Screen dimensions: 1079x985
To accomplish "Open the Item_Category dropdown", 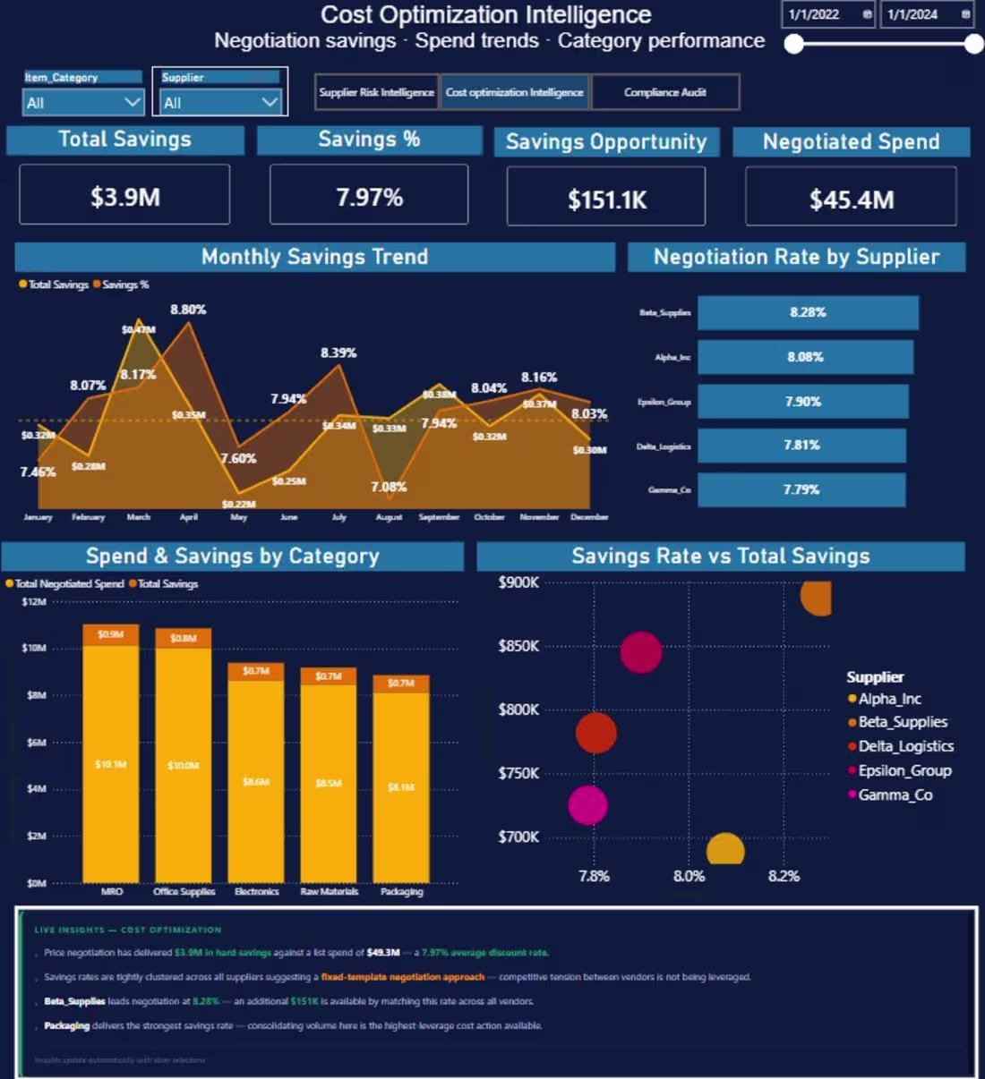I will coord(82,103).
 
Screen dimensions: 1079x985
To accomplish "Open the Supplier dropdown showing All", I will coord(220,103).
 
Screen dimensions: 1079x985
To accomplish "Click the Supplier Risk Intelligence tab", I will coord(376,92).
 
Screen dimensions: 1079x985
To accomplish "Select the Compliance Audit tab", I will coord(664,92).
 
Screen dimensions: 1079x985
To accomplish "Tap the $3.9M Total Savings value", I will coord(124,197).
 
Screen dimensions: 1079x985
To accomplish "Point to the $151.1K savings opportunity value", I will coord(606,200).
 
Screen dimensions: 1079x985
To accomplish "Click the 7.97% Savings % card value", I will coord(369,197).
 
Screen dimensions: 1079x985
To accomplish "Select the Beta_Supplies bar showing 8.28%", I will coord(807,312).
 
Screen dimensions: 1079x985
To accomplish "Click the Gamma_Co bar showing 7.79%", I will coord(801,489).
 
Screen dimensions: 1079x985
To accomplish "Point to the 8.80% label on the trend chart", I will coord(188,310).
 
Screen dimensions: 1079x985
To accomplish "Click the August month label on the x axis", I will coord(389,517).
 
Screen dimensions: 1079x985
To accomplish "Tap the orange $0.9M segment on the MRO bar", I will coord(111,634).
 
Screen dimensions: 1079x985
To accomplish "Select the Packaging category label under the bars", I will coord(401,891).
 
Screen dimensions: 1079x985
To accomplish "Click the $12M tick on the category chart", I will coord(34,602).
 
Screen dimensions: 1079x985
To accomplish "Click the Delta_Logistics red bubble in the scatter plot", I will coord(595,733).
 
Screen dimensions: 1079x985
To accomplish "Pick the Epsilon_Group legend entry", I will coord(904,770).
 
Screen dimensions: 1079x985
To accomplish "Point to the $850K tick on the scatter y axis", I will coord(518,646).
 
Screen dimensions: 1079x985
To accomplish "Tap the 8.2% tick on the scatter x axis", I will coord(783,876).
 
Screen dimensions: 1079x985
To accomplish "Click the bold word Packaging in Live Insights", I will coord(66,1025).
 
